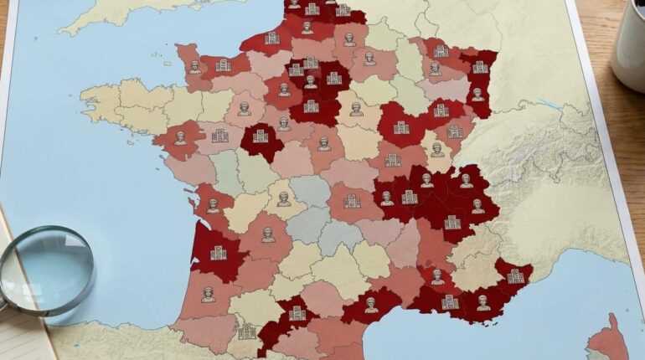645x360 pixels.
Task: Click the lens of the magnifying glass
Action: [x=47, y=270]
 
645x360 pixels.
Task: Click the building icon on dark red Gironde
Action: [x=219, y=252]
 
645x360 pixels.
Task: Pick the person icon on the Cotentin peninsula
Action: [x=194, y=66]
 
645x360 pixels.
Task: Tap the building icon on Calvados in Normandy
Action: [x=223, y=64]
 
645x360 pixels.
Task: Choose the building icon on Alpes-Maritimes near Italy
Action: [x=514, y=275]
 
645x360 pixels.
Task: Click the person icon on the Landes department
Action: [x=208, y=294]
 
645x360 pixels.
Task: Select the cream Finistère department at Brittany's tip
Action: [x=101, y=101]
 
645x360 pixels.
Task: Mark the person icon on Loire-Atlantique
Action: [x=180, y=138]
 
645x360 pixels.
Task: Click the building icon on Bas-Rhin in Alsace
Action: [x=480, y=67]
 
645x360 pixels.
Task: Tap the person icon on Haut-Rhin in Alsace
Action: [x=477, y=95]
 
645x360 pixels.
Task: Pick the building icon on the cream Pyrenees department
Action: [x=246, y=332]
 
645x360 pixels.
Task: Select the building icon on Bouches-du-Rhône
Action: [x=450, y=301]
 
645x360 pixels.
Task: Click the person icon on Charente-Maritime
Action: [x=213, y=205]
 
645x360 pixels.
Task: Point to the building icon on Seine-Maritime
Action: [x=271, y=38]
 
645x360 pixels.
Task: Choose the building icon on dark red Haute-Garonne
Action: [x=297, y=312]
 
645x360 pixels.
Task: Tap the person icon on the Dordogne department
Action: [x=267, y=235]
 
